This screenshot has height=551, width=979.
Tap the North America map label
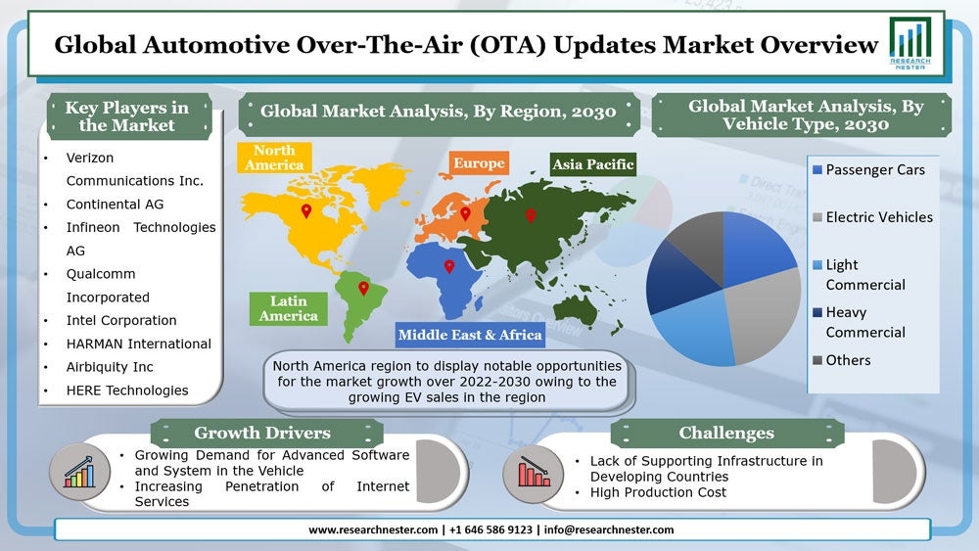click(x=274, y=158)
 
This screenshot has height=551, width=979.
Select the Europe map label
click(x=478, y=163)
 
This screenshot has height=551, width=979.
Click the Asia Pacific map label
click(x=592, y=164)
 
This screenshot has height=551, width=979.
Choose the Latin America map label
click(x=288, y=308)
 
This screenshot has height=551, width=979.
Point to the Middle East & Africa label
click(x=470, y=335)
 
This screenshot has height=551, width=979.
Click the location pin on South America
click(x=363, y=289)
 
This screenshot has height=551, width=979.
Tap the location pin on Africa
click(x=449, y=265)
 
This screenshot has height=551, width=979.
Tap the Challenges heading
click(x=725, y=433)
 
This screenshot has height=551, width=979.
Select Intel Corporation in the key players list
click(x=121, y=320)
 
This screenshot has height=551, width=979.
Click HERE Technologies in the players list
click(x=127, y=390)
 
